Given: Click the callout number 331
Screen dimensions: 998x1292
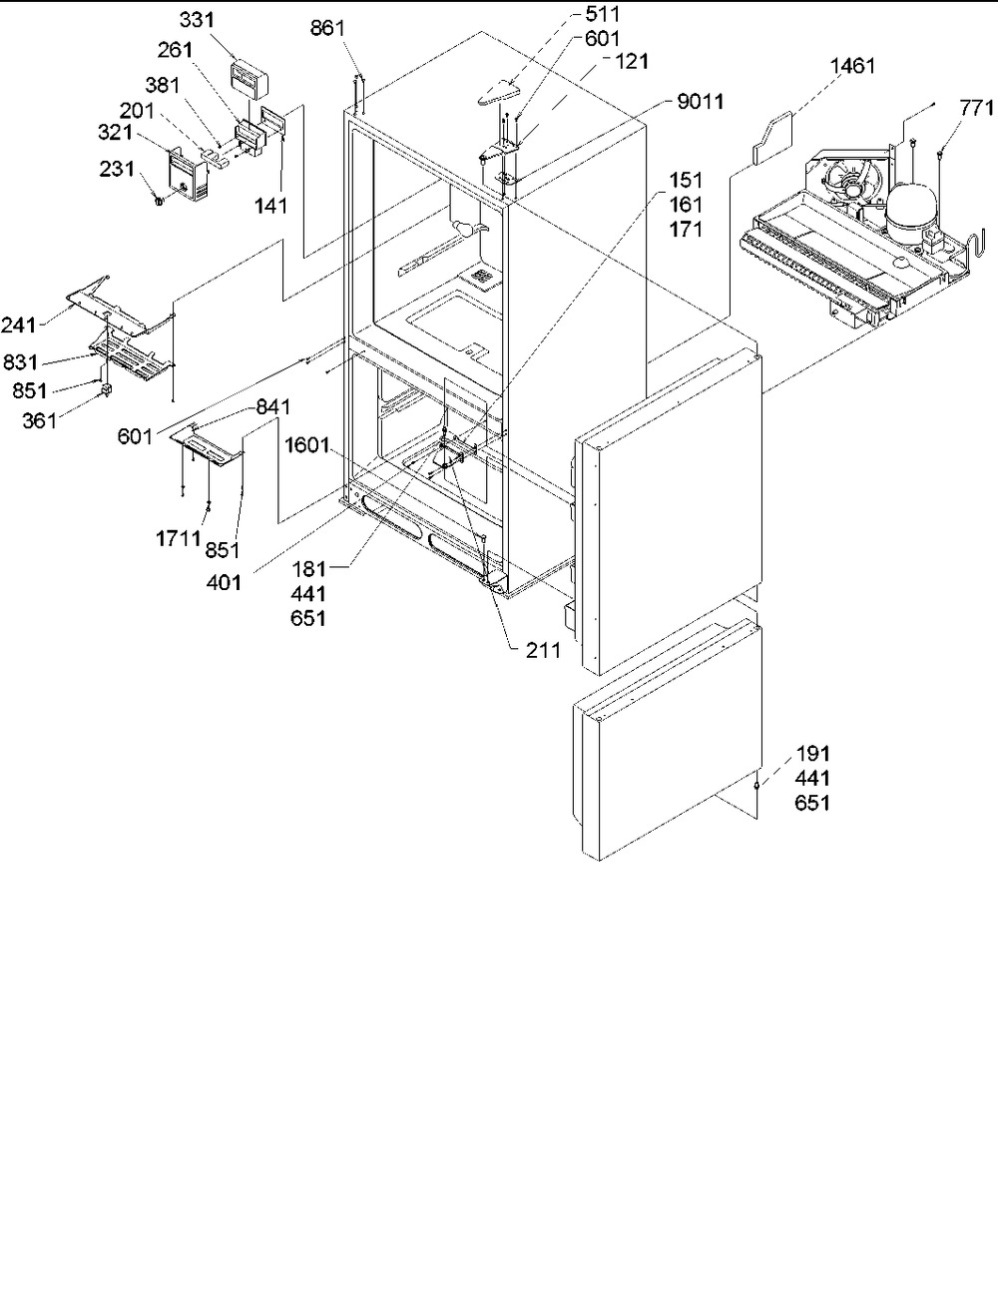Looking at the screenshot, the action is click(x=197, y=20).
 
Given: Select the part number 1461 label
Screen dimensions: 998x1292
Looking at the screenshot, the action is click(x=852, y=66).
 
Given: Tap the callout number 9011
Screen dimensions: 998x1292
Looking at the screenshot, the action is click(x=701, y=102).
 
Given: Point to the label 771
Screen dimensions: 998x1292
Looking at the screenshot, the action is click(x=977, y=108).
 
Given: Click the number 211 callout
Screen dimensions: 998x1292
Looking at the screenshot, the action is click(x=543, y=650).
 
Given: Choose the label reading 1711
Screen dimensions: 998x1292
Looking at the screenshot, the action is click(x=179, y=539).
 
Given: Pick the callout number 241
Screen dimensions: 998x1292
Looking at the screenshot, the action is click(x=18, y=325).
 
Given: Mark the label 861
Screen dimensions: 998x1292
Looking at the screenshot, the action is click(x=328, y=28).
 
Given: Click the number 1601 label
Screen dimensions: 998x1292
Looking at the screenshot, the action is click(x=306, y=445).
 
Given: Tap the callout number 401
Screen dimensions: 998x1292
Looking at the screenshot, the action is click(x=224, y=583).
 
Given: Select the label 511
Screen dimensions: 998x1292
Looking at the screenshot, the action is click(x=602, y=14).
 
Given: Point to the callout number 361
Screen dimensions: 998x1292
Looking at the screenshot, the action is click(x=40, y=421).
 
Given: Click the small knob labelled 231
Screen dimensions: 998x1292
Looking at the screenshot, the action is click(x=158, y=202).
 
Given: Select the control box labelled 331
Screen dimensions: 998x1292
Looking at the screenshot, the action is click(x=248, y=78).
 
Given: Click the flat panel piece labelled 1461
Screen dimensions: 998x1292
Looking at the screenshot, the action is click(x=771, y=139).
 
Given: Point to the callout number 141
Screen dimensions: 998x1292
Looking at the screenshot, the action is click(x=270, y=206).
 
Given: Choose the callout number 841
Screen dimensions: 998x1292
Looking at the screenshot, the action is click(x=273, y=407).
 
